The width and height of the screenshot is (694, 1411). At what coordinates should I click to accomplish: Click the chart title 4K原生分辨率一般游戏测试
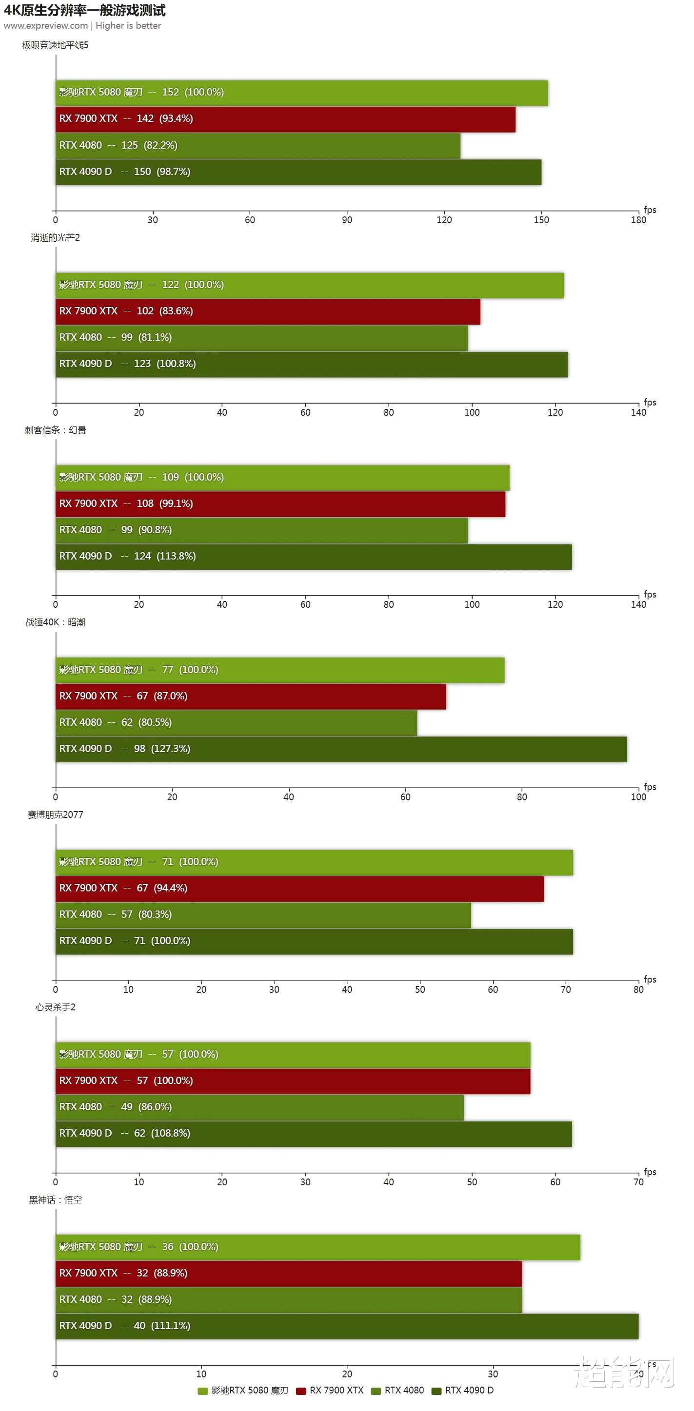pyautogui.click(x=84, y=10)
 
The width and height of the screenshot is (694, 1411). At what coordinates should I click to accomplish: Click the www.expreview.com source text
pyautogui.click(x=45, y=26)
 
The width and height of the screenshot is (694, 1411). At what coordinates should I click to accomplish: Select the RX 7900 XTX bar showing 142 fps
pyautogui.click(x=285, y=119)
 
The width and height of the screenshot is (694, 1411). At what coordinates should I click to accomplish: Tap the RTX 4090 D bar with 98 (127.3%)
pyautogui.click(x=341, y=749)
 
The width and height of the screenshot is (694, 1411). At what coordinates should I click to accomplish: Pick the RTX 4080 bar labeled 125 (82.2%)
pyautogui.click(x=258, y=145)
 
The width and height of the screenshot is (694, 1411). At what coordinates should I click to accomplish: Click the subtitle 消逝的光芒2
pyautogui.click(x=56, y=237)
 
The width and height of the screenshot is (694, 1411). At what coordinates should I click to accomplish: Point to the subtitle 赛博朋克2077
pyautogui.click(x=56, y=814)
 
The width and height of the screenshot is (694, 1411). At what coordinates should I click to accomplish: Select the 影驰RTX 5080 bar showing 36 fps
pyautogui.click(x=318, y=1247)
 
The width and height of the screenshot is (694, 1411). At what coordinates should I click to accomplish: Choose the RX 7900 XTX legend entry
pyautogui.click(x=330, y=1390)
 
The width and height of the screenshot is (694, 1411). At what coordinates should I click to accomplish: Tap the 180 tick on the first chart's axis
pyautogui.click(x=638, y=220)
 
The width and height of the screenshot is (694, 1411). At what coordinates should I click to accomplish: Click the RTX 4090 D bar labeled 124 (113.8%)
pyautogui.click(x=314, y=557)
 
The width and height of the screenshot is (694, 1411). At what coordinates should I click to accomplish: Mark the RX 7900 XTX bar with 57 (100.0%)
pyautogui.click(x=293, y=1081)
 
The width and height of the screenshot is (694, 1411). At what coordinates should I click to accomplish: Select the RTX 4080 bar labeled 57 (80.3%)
pyautogui.click(x=263, y=915)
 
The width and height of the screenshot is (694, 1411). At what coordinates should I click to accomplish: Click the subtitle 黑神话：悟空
pyautogui.click(x=56, y=1199)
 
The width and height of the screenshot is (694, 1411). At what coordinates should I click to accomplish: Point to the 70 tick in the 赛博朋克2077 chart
pyautogui.click(x=565, y=989)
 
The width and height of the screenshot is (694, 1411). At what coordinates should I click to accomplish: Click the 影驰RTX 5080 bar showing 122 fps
pyautogui.click(x=310, y=285)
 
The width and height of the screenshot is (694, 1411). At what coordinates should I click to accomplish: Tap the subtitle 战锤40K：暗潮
pyautogui.click(x=56, y=622)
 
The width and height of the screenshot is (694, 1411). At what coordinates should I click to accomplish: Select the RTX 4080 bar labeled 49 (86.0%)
pyautogui.click(x=259, y=1107)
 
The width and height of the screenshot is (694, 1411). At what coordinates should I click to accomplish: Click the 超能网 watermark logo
pyautogui.click(x=624, y=1372)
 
